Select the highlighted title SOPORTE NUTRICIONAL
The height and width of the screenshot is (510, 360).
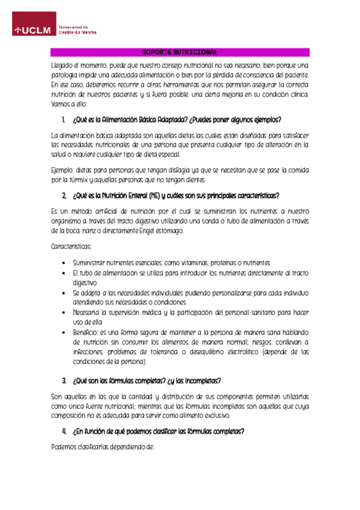point(180,52)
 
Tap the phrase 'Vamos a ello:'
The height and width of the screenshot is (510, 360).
point(70,104)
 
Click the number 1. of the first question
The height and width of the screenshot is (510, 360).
point(64,120)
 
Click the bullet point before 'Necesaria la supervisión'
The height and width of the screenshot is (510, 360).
point(64,312)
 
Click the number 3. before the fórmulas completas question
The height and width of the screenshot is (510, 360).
point(64,381)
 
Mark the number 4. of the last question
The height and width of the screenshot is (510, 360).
point(64,432)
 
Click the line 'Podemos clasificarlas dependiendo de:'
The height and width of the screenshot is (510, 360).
point(103,447)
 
